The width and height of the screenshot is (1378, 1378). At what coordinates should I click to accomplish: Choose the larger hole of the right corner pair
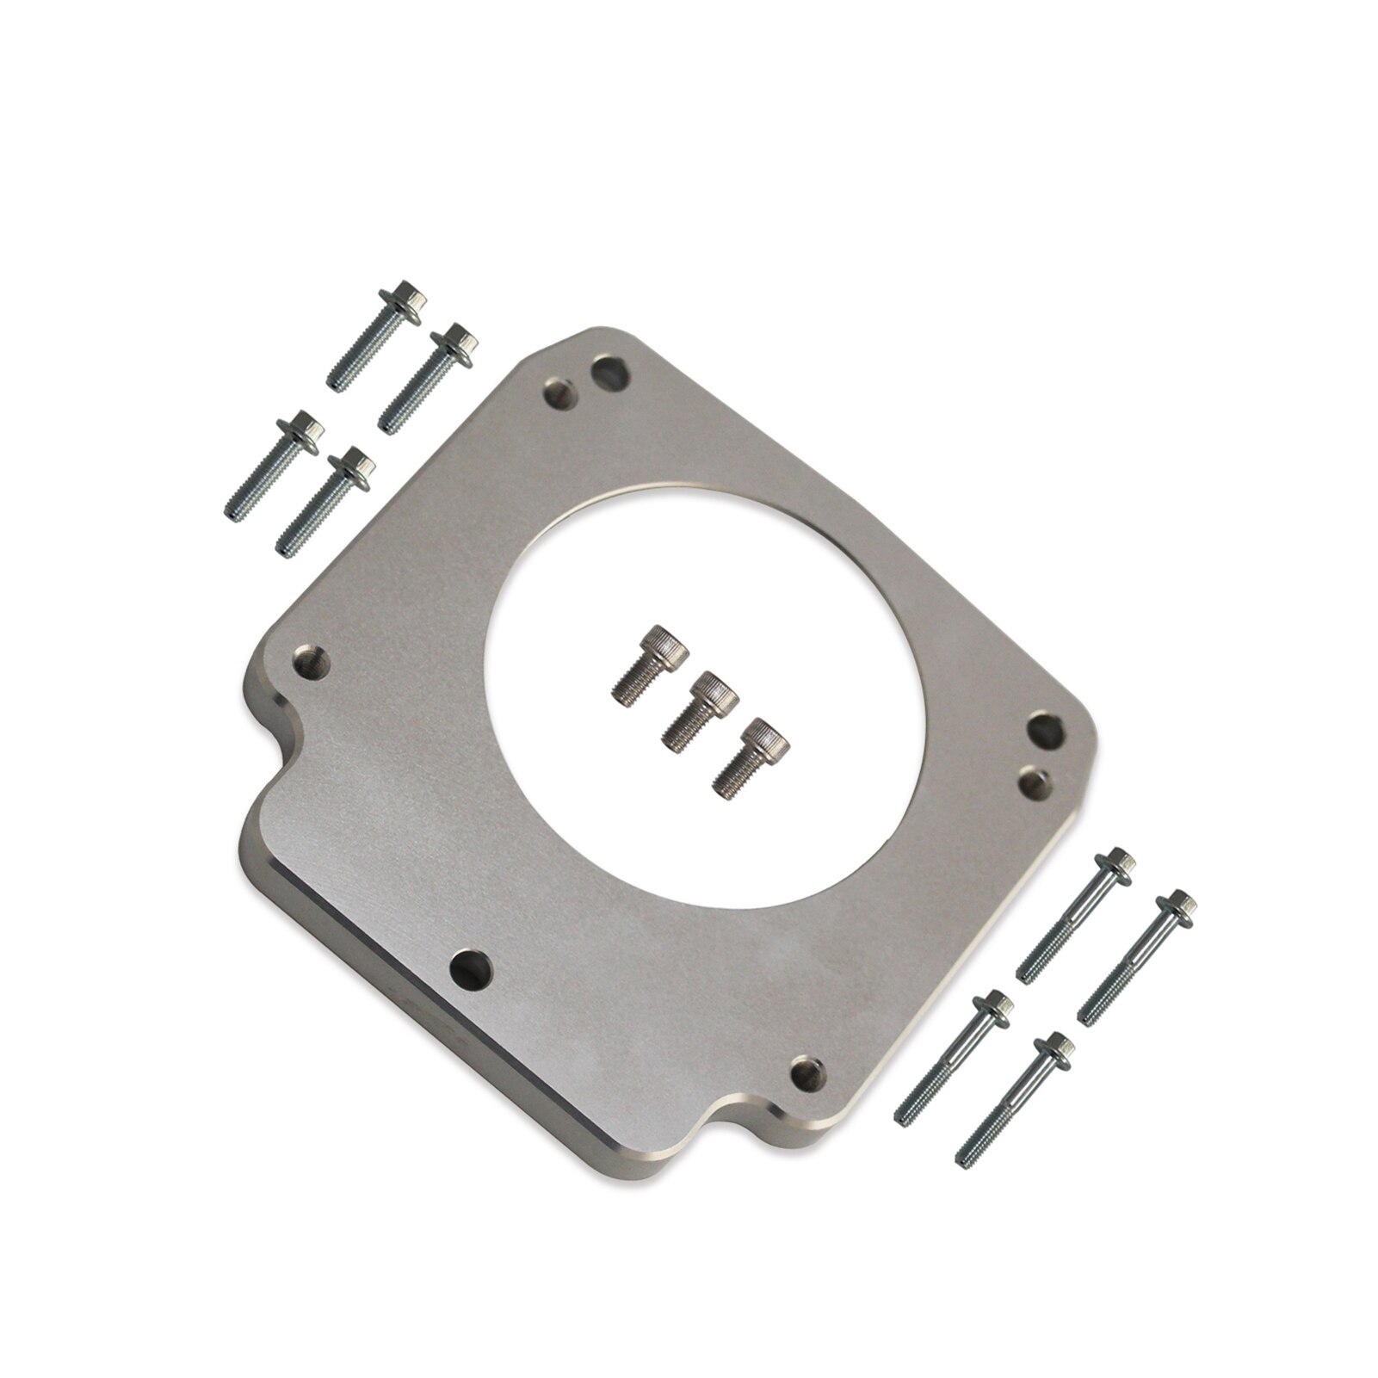click(1047, 732)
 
